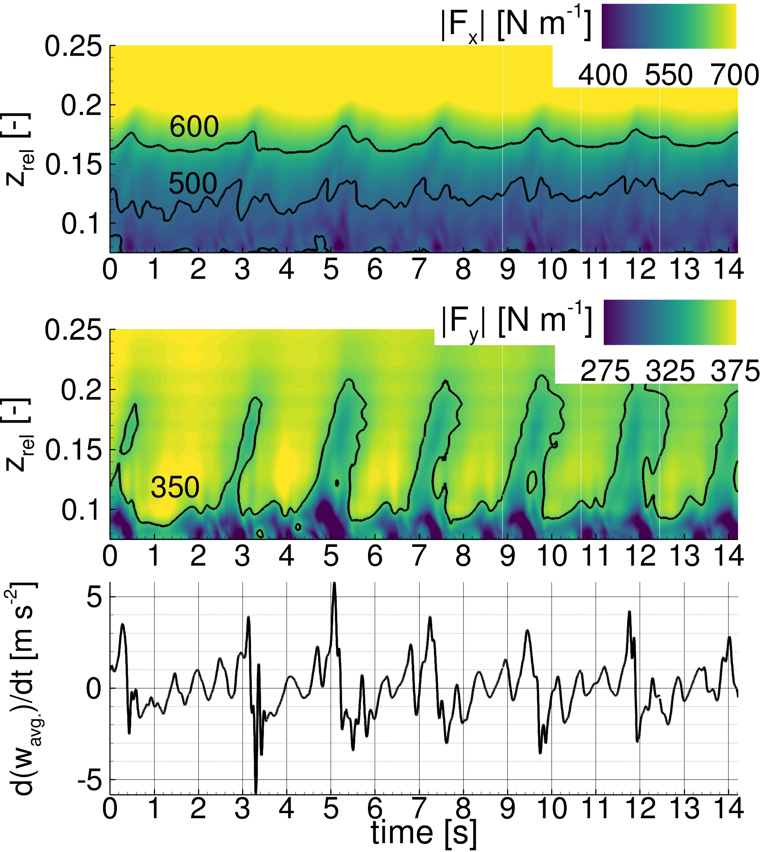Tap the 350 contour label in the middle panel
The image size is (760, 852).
[x=175, y=487]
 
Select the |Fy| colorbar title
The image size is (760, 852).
[x=517, y=322]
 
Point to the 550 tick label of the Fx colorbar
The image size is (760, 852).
[x=669, y=76]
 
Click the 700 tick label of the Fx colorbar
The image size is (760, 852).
[x=735, y=76]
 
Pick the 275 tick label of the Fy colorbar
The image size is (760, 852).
[x=604, y=371]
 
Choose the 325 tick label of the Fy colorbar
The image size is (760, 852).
[x=670, y=371]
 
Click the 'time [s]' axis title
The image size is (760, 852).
[x=423, y=832]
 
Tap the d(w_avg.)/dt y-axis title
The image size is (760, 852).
[x=21, y=689]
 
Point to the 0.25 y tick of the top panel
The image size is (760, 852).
[x=73, y=47]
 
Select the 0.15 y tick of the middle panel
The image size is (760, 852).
[x=73, y=450]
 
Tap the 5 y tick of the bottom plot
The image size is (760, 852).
[x=94, y=597]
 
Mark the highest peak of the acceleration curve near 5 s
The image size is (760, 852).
[x=334, y=584]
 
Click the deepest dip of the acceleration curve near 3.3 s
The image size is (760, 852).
[x=256, y=792]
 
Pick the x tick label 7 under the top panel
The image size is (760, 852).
[x=419, y=269]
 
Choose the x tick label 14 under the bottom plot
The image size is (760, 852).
[x=729, y=809]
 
